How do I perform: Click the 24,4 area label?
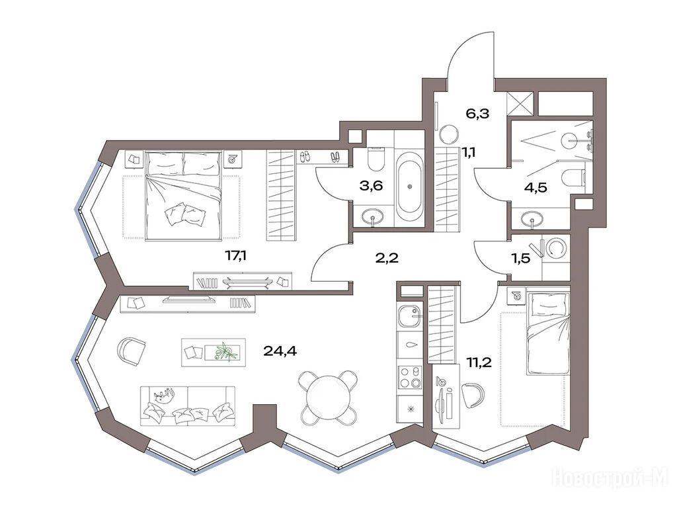point(280,351)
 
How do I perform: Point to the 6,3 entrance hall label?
point(477,114)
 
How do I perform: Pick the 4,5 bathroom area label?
point(536,188)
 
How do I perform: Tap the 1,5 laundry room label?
point(520,259)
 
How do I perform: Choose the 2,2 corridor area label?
point(386,259)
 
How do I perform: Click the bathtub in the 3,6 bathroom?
point(409,187)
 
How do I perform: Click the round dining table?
point(329,395)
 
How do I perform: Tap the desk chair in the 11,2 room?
point(474,395)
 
